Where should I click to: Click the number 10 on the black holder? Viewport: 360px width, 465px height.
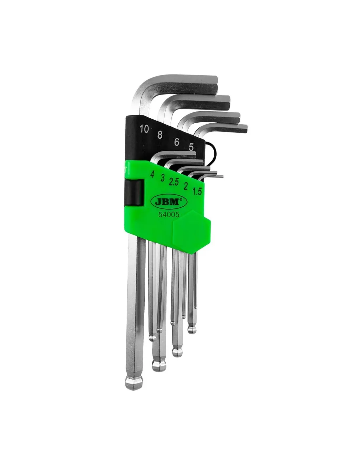pyautogui.click(x=144, y=129)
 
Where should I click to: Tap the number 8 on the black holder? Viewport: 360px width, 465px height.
pyautogui.click(x=160, y=135)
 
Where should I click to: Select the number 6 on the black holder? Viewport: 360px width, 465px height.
pyautogui.click(x=176, y=142)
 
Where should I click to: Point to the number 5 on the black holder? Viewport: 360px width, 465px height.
pyautogui.click(x=191, y=147)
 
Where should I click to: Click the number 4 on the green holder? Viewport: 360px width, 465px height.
pyautogui.click(x=152, y=174)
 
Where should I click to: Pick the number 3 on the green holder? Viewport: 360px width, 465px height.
pyautogui.click(x=163, y=178)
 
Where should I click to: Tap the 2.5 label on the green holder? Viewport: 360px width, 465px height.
pyautogui.click(x=174, y=182)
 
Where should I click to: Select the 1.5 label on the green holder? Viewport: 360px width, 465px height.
pyautogui.click(x=197, y=191)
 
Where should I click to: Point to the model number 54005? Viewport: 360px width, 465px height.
pyautogui.click(x=169, y=215)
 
